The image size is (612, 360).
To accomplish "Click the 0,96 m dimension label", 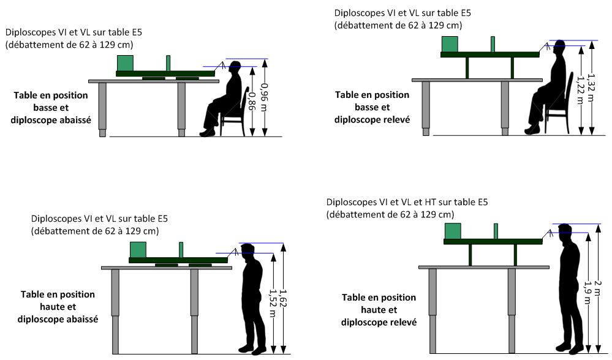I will click(x=265, y=97).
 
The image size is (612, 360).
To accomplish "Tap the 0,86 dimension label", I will click(x=252, y=100).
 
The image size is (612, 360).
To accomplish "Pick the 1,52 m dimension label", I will click(x=272, y=300).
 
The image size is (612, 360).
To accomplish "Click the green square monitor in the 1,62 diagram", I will click(x=138, y=250).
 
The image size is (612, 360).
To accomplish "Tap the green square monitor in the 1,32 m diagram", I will click(x=450, y=44).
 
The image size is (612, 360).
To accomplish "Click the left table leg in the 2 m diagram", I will click(x=433, y=310).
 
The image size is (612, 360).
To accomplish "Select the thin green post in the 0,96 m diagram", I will click(x=168, y=63).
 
